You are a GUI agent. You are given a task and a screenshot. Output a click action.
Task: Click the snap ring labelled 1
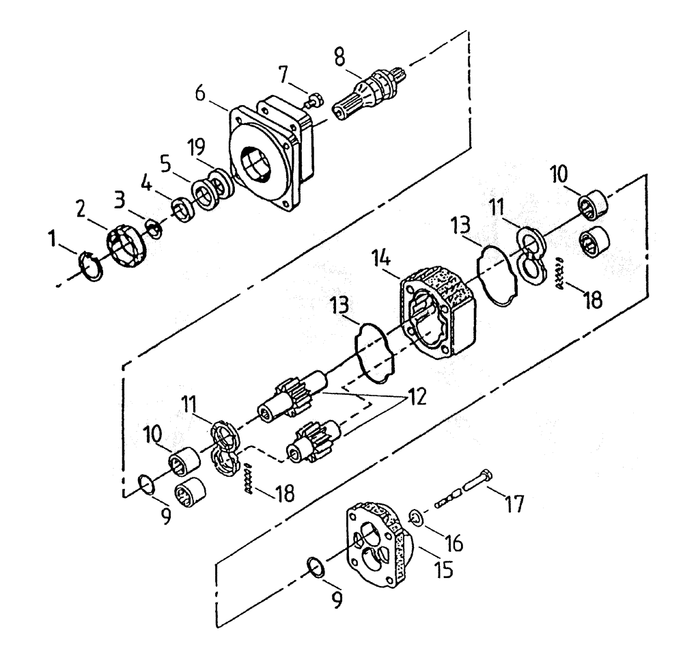click(x=92, y=265)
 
